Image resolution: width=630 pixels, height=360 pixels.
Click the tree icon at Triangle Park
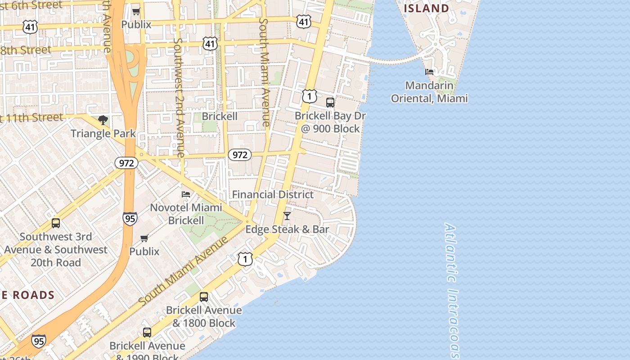pos(103,120)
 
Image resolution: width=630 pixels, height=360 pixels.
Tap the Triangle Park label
pos(103,133)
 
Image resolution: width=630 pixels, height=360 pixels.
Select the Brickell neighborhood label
pos(219,116)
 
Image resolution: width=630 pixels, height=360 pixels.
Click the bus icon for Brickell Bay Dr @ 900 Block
pos(330,103)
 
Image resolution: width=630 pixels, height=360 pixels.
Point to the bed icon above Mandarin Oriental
pos(429,72)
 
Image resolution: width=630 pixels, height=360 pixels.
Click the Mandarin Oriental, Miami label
pos(429,92)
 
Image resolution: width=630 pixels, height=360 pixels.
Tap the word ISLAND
pos(426,9)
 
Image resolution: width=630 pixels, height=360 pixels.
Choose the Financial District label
pos(273,194)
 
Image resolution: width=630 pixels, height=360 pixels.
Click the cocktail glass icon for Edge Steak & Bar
pos(287,216)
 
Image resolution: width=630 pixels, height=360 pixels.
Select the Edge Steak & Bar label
pos(287,229)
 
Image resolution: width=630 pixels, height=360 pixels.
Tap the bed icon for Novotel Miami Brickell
pos(186,194)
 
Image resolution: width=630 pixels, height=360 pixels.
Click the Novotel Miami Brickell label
pos(186,214)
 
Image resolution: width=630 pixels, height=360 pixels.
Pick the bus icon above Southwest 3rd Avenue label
pos(56,223)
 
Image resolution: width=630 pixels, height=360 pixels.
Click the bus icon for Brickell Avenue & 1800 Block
pos(204,297)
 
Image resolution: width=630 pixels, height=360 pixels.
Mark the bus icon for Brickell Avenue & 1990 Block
pos(147,333)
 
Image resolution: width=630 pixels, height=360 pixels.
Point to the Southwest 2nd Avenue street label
pos(179,97)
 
